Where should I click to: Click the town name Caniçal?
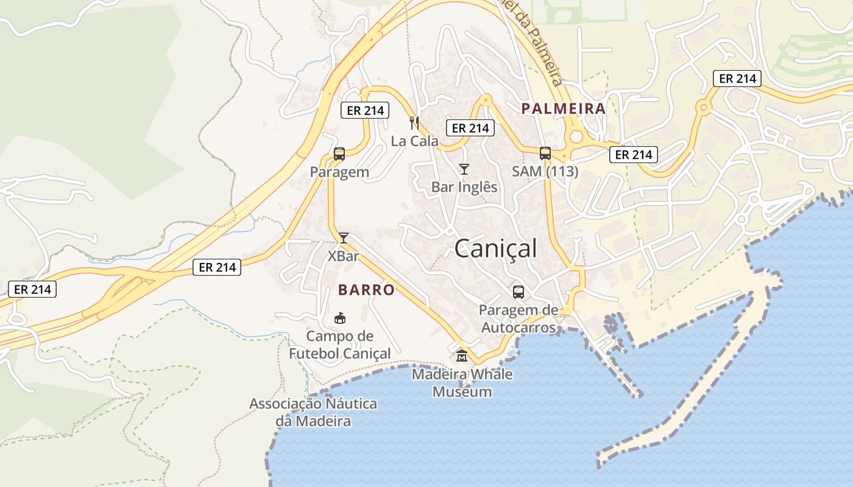pos(496,248)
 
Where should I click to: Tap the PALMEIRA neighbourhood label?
pos(564,109)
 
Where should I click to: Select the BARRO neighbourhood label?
pos(366,290)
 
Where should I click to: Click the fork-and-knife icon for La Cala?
pos(414,123)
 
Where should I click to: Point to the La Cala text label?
pos(414,141)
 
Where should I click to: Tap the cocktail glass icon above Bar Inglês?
pos(464,169)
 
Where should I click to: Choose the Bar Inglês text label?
pos(464,187)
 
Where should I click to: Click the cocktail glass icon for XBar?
pos(344,238)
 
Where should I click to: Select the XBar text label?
pos(344,256)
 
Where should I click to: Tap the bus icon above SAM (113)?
pos(545,153)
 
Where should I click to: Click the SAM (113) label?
pos(545,172)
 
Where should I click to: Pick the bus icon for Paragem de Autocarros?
pos(518,292)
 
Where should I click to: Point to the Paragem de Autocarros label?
pos(518,319)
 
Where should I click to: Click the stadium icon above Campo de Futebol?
pos(340,318)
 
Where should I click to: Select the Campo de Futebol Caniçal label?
pos(340,345)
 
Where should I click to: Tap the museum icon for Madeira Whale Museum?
pos(462,356)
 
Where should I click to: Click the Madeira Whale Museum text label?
pos(462,383)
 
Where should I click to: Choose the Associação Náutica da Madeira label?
pos(313,412)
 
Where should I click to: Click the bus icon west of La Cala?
pos(339,154)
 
